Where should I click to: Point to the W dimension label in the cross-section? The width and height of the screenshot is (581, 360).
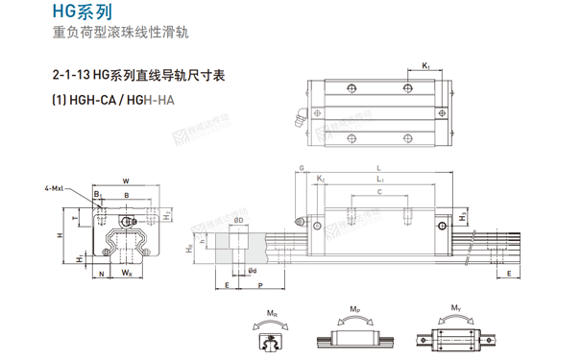click(126, 180)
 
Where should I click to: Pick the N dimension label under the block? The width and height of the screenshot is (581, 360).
click(102, 273)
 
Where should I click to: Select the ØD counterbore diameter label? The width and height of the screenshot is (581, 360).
click(236, 222)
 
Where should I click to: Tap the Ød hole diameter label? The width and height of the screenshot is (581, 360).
click(252, 272)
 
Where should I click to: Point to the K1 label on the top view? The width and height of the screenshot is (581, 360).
click(425, 65)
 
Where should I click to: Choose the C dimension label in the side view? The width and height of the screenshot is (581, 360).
click(379, 193)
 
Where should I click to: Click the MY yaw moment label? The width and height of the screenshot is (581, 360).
click(454, 309)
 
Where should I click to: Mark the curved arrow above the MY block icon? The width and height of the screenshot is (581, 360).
click(454, 320)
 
